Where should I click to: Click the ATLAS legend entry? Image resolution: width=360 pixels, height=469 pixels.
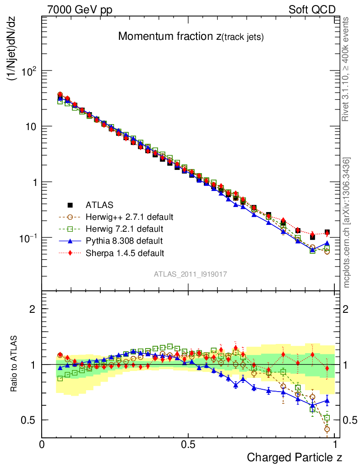point(99,205)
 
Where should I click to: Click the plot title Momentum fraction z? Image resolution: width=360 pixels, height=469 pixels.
point(191,37)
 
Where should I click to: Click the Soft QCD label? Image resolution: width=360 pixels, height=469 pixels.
point(312,10)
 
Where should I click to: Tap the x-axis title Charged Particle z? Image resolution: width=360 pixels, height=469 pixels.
point(295,457)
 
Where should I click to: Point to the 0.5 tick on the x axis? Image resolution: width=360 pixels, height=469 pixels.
point(188,444)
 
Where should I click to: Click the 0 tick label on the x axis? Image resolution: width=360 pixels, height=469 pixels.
point(42,444)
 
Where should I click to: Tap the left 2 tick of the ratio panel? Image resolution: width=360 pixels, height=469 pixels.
point(33,309)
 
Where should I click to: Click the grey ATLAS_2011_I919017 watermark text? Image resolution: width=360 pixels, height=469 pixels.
point(191,274)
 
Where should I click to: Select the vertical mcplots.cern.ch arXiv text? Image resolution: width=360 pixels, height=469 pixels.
point(347,223)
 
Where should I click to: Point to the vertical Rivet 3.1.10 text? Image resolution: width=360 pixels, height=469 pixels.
point(347,69)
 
